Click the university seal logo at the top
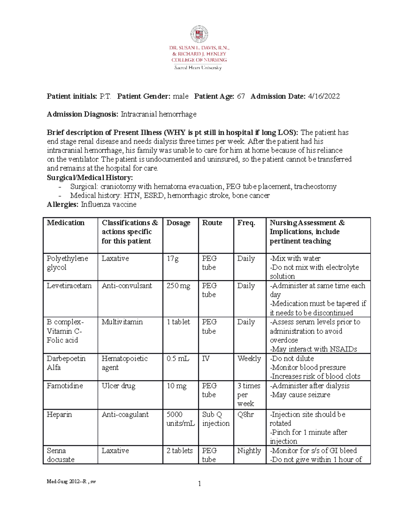[x=199, y=34]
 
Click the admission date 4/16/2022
[x=324, y=97]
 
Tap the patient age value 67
[x=241, y=97]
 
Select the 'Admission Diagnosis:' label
[x=82, y=115]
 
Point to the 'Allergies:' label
[x=63, y=204]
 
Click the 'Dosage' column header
[x=178, y=223]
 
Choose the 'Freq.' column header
[x=246, y=223]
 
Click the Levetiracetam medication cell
[x=69, y=286]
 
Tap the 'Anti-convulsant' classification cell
[x=127, y=286]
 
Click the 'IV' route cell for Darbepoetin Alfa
[x=206, y=359]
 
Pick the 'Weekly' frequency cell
[x=249, y=359]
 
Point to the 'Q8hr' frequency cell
[x=245, y=414]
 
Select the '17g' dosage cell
[x=173, y=259]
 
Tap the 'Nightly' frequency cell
[x=249, y=451]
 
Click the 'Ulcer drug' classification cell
[x=118, y=386]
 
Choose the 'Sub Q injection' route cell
[x=216, y=419]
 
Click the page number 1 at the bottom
[x=199, y=484]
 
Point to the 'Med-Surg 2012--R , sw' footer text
[x=71, y=481]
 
